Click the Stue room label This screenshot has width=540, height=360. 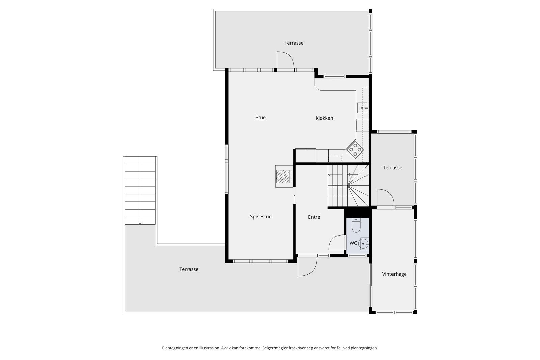pyautogui.click(x=260, y=118)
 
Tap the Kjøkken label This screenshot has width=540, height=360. pyautogui.click(x=324, y=118)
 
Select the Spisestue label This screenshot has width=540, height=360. pyautogui.click(x=261, y=217)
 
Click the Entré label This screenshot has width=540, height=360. pyautogui.click(x=314, y=217)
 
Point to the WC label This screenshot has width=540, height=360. pyautogui.click(x=353, y=243)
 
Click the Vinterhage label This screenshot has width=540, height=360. pyautogui.click(x=394, y=274)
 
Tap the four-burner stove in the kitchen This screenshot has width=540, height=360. pyautogui.click(x=355, y=149)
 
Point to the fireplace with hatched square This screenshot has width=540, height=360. pyautogui.click(x=283, y=176)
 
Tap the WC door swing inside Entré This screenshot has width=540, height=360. pyautogui.click(x=337, y=243)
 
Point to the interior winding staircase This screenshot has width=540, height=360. pyautogui.click(x=349, y=186)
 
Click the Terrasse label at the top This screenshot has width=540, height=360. pyautogui.click(x=294, y=43)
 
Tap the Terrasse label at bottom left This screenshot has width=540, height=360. pyautogui.click(x=189, y=269)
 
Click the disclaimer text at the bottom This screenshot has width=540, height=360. pyautogui.click(x=270, y=348)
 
